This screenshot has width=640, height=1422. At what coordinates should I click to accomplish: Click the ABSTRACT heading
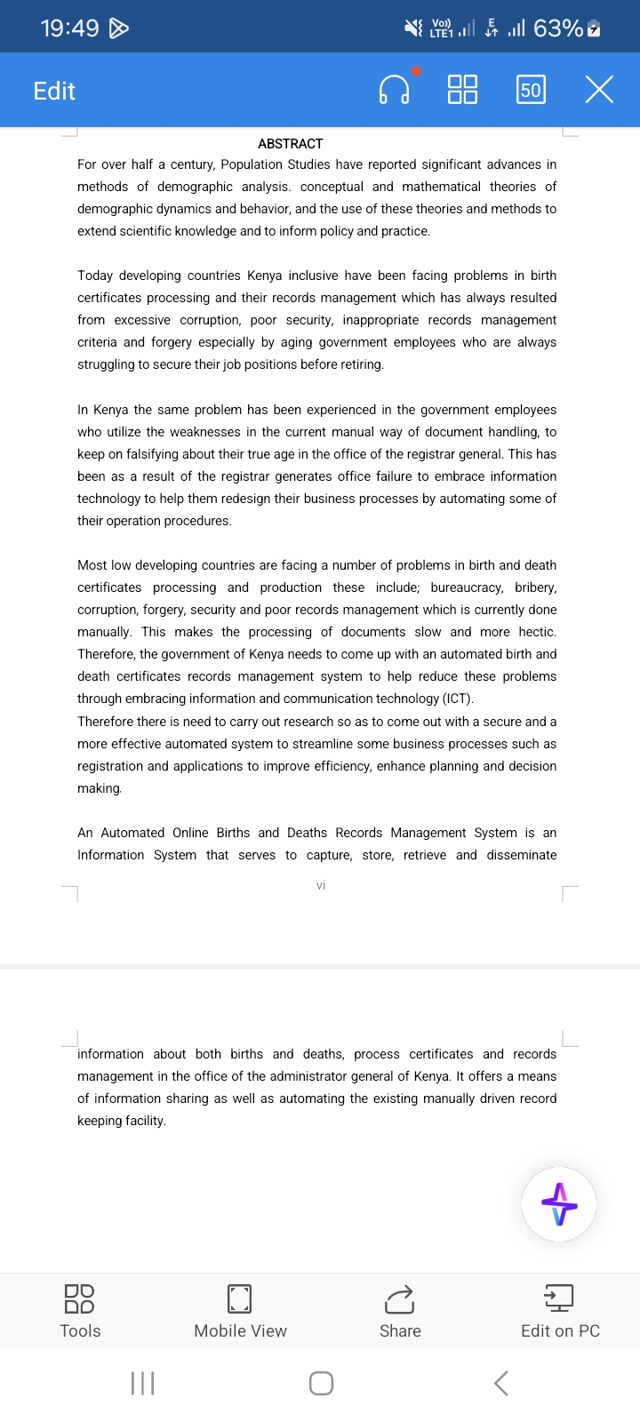click(290, 144)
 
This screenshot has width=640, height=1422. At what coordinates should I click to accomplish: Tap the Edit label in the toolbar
click(54, 91)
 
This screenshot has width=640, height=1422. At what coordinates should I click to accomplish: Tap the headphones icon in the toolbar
click(394, 90)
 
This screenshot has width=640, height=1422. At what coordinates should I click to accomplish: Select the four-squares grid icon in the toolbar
click(462, 90)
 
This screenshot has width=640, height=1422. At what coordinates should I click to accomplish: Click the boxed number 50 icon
click(531, 90)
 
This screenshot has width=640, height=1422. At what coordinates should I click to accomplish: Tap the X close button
click(599, 90)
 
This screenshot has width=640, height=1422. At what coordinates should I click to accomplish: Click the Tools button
click(80, 1310)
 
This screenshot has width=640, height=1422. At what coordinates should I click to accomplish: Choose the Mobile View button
click(240, 1310)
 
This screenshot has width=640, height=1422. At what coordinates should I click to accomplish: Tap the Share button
click(400, 1310)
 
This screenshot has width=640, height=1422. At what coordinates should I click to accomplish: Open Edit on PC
click(560, 1310)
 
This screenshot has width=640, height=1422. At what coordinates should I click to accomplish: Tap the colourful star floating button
click(559, 1204)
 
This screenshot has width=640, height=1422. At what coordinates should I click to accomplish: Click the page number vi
click(321, 885)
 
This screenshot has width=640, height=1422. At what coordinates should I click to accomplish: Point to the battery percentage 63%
click(558, 28)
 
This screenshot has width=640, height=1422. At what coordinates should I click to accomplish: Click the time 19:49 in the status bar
click(69, 28)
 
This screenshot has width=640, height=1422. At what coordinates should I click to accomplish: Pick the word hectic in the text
click(536, 632)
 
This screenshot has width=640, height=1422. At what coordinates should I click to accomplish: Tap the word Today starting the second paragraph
click(94, 276)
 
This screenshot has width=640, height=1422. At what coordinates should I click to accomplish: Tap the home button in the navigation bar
click(321, 1383)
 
